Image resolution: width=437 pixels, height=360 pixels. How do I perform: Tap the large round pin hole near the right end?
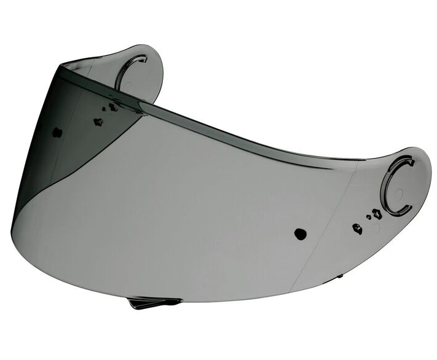click(300, 233)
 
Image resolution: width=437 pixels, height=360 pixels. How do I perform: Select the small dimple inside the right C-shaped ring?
click(399, 193)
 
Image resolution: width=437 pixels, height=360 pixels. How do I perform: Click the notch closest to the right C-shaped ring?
click(377, 214)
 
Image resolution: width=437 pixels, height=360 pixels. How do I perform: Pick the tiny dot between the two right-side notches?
click(368, 217)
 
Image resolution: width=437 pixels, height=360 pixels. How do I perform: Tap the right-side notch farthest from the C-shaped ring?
click(357, 229)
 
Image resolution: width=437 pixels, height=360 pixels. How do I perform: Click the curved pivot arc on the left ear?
click(126, 68)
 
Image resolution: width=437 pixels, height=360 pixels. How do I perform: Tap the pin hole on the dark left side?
click(57, 132)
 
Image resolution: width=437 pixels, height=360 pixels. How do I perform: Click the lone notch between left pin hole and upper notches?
click(97, 122)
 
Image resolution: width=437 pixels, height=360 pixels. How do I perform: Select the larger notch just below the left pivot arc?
click(113, 107)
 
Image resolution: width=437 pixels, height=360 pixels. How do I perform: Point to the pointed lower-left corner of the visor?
click(13, 228)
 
